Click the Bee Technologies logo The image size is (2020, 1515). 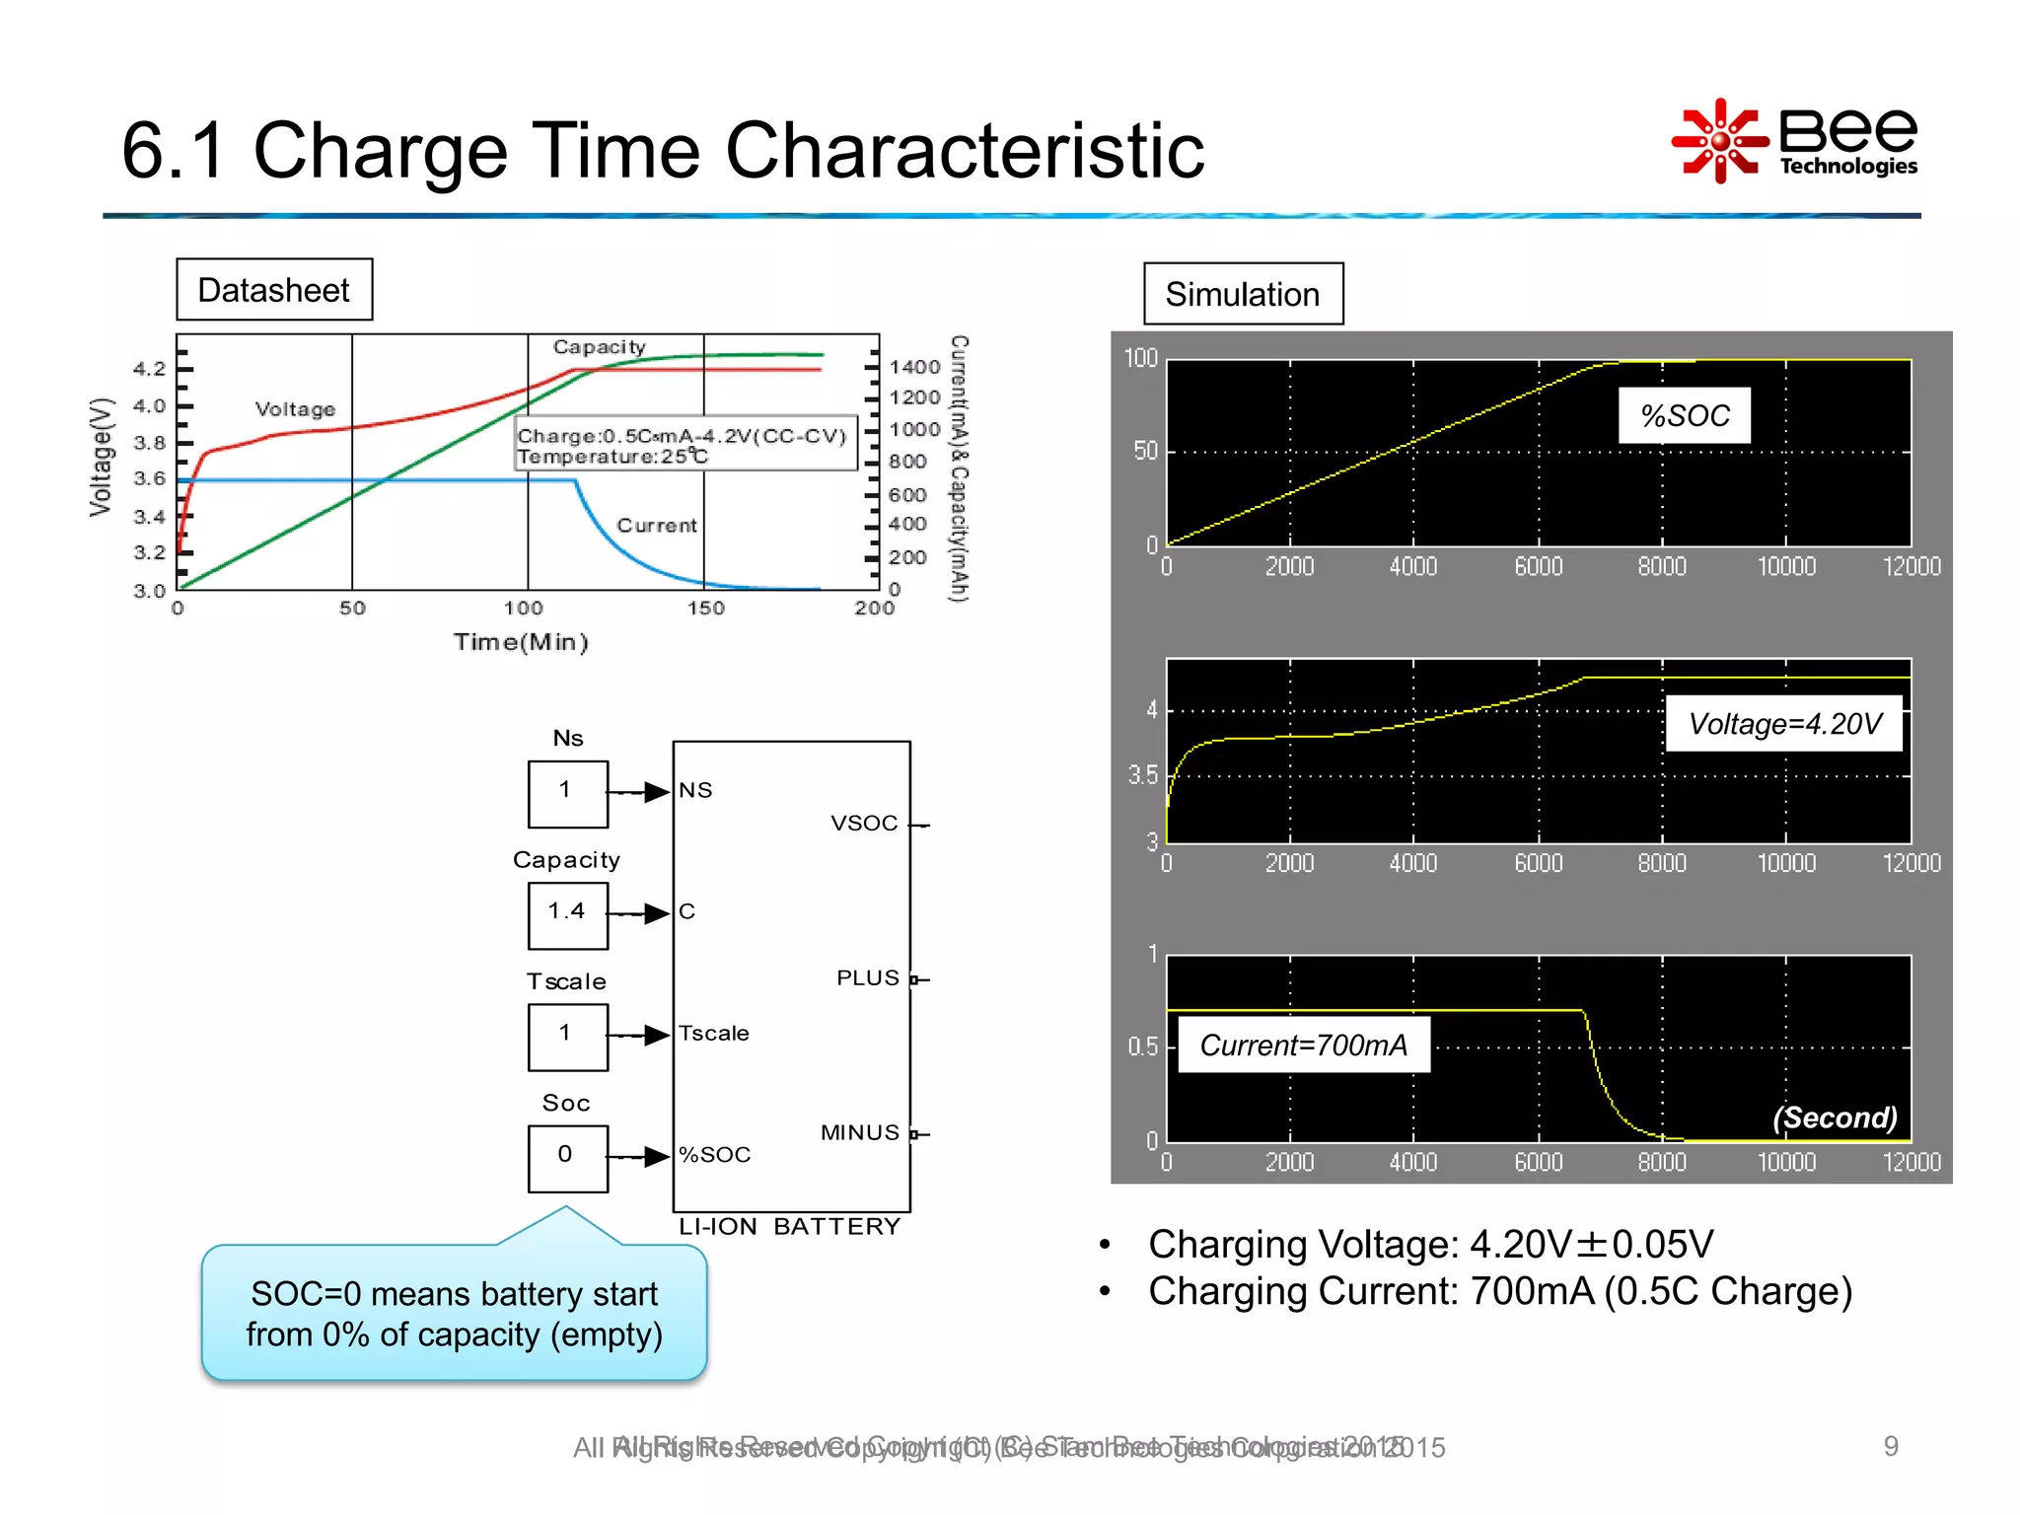click(1795, 141)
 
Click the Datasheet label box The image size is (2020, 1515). click(274, 290)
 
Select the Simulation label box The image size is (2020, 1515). click(1242, 294)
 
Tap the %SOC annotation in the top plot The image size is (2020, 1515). click(1684, 415)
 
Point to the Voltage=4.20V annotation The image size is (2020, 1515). click(1783, 724)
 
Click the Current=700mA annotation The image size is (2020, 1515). click(1303, 1045)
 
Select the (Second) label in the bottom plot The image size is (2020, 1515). click(1834, 1118)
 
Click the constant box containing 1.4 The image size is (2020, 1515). click(567, 913)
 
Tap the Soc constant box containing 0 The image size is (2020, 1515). click(567, 1157)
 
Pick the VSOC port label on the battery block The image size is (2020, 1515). click(864, 824)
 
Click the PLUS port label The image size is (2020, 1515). click(868, 978)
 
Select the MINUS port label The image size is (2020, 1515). click(860, 1133)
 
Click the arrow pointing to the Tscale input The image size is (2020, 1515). click(655, 1035)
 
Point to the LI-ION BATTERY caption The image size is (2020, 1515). click(789, 1227)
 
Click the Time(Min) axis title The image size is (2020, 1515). click(521, 643)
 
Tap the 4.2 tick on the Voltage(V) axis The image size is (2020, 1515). click(150, 369)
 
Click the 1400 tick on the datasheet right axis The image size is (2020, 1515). click(914, 367)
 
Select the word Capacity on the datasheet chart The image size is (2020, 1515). click(599, 347)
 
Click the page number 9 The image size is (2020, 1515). click(1890, 1446)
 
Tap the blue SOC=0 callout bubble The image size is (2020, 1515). click(454, 1313)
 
